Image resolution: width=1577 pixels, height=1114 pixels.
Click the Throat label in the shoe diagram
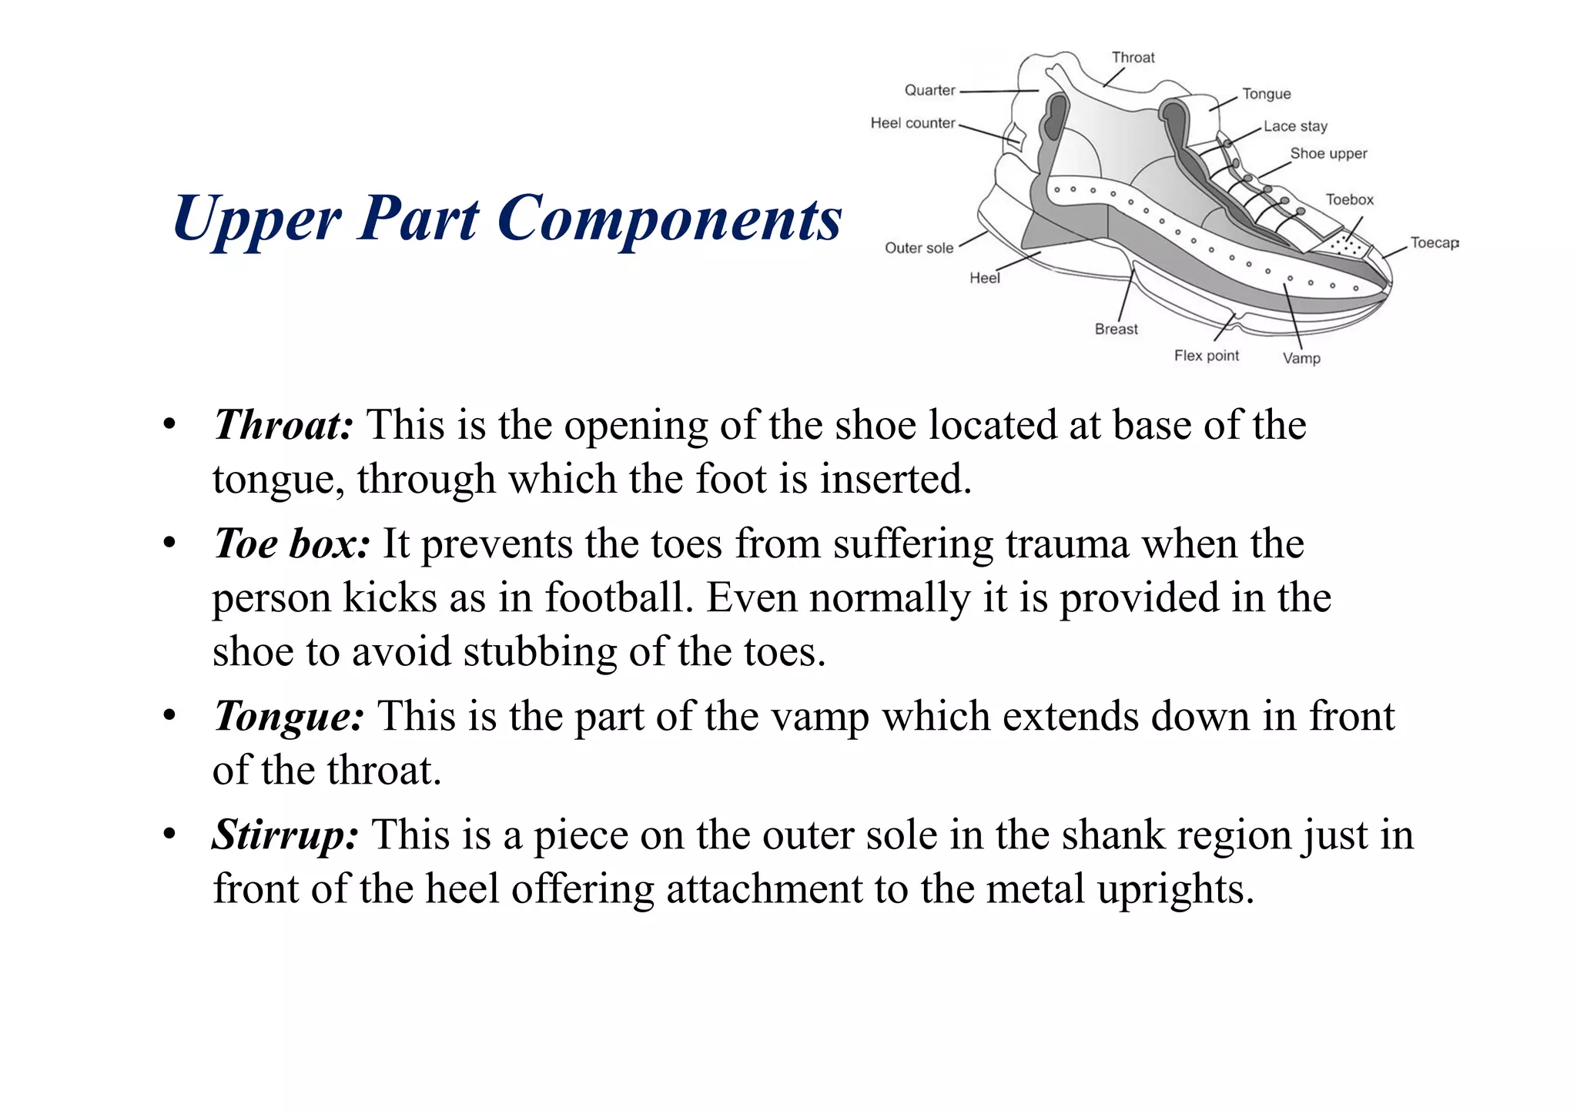(1133, 58)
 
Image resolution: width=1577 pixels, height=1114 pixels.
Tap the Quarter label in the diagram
(929, 90)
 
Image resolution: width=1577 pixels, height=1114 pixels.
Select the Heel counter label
(912, 123)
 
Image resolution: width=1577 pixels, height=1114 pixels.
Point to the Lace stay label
(1295, 126)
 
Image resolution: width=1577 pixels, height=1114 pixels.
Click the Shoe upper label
(1328, 153)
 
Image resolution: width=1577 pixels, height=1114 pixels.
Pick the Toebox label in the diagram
(1349, 199)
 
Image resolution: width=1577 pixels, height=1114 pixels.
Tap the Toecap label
(1434, 243)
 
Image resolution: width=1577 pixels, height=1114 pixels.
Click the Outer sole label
(919, 248)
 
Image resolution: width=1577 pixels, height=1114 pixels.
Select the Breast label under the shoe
(1116, 329)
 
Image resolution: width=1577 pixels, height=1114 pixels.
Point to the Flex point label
(1206, 356)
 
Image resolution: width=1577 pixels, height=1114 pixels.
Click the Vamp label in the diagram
(1301, 358)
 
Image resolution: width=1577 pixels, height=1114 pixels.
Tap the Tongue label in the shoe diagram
(1266, 94)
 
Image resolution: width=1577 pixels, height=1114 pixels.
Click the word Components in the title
(669, 219)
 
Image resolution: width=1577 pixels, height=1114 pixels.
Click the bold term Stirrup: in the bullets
(285, 835)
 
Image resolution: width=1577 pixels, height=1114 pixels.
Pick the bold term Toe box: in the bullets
(291, 544)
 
